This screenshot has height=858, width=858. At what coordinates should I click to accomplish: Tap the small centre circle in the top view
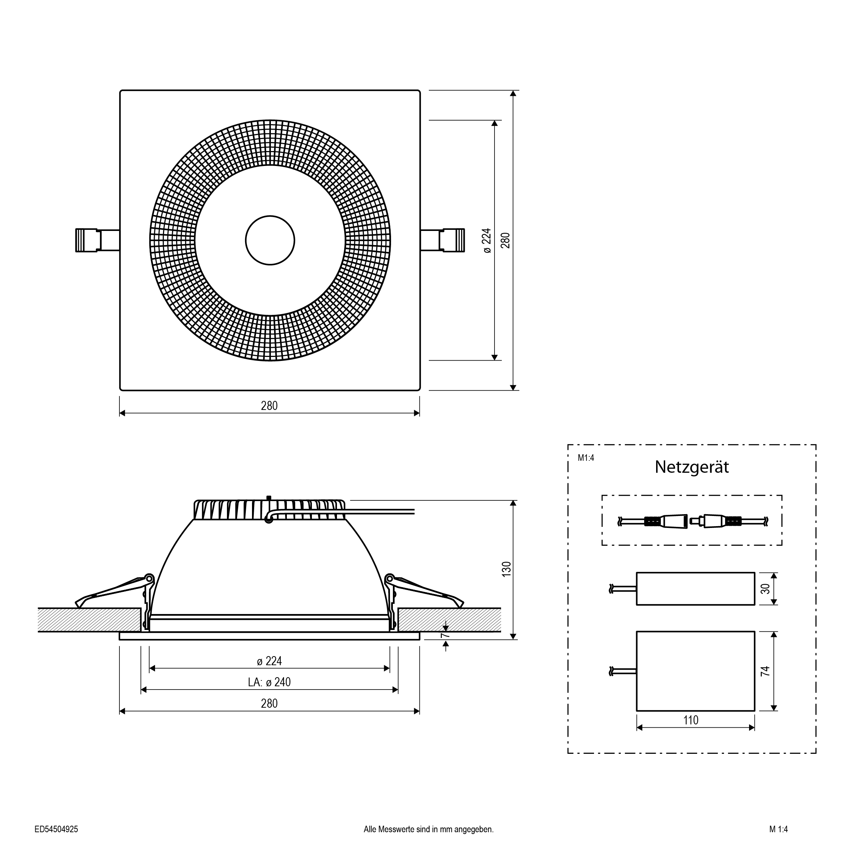tap(270, 240)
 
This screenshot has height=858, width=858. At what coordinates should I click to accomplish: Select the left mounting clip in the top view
tap(97, 240)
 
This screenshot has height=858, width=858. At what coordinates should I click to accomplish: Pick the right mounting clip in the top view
tap(443, 240)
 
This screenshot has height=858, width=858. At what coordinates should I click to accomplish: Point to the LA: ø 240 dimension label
tap(269, 682)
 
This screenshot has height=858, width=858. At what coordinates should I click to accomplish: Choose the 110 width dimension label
tap(691, 720)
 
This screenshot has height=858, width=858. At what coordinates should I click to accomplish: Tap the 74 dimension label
tap(765, 671)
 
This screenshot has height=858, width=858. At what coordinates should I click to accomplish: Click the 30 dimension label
tap(765, 589)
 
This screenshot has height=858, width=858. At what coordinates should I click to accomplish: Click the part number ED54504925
tap(56, 829)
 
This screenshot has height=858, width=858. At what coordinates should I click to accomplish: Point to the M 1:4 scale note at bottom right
tap(778, 829)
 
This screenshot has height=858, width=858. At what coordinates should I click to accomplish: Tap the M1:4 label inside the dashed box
tap(586, 458)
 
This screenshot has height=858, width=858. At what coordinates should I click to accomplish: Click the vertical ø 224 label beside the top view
tap(487, 240)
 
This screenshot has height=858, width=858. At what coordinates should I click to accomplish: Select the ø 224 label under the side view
tap(269, 661)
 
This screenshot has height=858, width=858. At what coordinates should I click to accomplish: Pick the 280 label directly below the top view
tap(269, 406)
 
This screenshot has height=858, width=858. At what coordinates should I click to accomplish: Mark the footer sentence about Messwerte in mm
tap(428, 829)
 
